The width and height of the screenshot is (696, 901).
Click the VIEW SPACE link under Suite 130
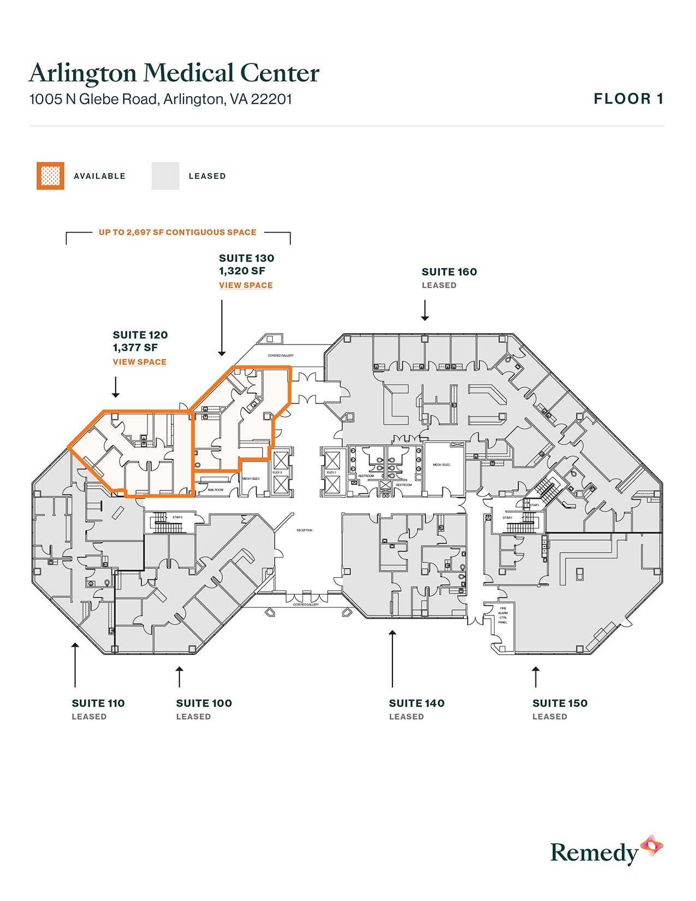tap(246, 285)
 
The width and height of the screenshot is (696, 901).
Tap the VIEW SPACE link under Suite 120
tap(139, 361)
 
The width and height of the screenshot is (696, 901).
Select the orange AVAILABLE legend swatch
tap(50, 176)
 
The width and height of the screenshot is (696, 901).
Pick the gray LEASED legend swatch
tap(165, 176)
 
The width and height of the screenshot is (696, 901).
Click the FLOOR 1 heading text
tap(628, 99)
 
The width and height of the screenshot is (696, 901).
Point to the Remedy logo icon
tap(652, 846)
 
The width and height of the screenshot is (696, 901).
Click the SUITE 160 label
tap(449, 272)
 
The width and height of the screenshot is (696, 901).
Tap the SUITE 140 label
tap(417, 703)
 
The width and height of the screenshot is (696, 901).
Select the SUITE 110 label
tap(98, 703)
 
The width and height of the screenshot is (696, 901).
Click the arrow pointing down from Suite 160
tap(425, 310)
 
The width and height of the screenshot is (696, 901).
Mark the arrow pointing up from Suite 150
tap(536, 677)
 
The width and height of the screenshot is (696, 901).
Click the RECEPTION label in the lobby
tap(305, 530)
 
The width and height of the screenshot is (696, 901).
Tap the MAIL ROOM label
tap(216, 490)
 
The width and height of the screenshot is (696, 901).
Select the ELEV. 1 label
tap(331, 472)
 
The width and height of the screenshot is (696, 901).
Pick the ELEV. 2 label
tap(277, 472)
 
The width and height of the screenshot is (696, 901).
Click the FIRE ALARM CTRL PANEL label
tap(503, 615)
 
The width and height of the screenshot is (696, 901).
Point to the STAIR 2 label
tap(177, 517)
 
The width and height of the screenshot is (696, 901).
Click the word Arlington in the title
tap(82, 73)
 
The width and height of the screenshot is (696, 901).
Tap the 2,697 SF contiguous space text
tap(177, 232)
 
